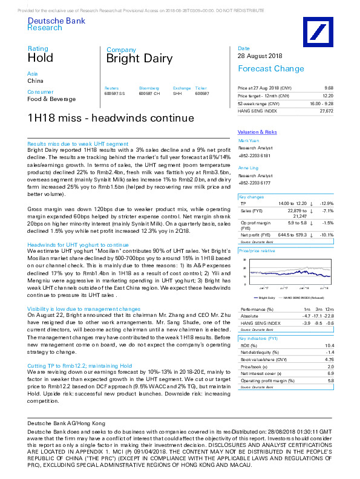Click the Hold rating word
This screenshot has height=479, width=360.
tap(41, 58)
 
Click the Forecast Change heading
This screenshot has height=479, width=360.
tap(266, 68)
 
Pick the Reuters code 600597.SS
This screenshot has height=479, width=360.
tap(115, 94)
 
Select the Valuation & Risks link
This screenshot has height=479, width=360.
tap(257, 131)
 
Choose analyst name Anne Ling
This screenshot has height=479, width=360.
tap(247, 168)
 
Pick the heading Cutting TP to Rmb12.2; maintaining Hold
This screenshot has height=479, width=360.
tap(80, 366)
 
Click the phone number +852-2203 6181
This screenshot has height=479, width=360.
tap(254, 156)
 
